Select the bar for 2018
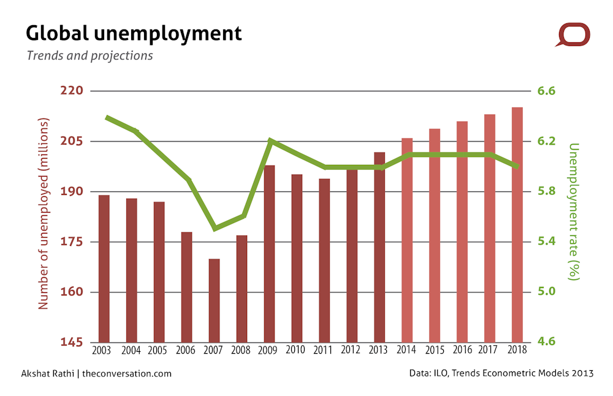[x=517, y=224]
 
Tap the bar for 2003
[x=104, y=268]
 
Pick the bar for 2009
[x=269, y=254]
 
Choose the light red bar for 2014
[x=407, y=240]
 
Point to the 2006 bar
[x=186, y=287]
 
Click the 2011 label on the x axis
[x=324, y=351]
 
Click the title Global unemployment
[x=134, y=33]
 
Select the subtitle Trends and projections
[x=89, y=55]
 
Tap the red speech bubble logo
[x=573, y=34]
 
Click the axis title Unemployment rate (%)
[x=573, y=211]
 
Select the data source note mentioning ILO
[x=501, y=373]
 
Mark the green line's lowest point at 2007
[x=214, y=229]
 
